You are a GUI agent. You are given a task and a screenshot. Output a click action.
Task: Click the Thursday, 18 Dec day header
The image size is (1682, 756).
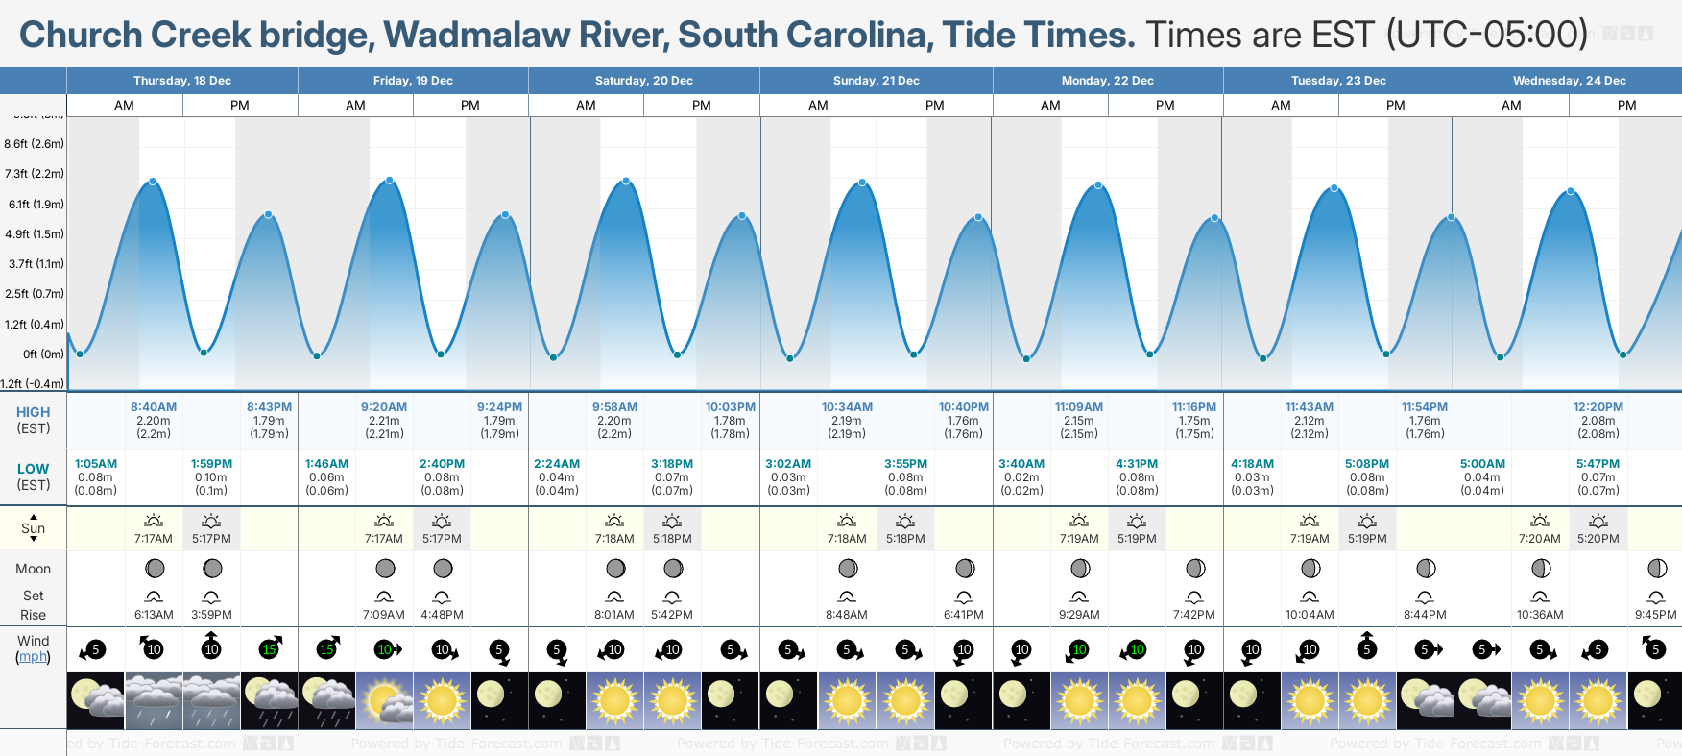(182, 81)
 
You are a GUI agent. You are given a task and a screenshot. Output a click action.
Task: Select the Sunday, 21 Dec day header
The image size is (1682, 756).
(876, 81)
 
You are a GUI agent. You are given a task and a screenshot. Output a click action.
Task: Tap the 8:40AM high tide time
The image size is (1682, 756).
(154, 407)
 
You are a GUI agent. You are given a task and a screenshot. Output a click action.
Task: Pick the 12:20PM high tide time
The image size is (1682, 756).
(1598, 407)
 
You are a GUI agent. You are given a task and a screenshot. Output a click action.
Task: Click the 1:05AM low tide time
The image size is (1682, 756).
(96, 464)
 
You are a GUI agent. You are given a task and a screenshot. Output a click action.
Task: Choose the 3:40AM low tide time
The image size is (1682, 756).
(1021, 464)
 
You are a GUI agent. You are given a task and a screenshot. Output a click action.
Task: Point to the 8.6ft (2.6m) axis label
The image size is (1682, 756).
(35, 144)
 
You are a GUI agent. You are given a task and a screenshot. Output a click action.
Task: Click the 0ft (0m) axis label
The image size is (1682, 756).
(44, 354)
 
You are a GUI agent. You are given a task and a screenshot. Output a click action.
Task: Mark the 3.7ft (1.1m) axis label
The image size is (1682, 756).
(36, 264)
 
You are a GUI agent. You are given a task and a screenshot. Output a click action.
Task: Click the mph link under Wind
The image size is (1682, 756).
(33, 657)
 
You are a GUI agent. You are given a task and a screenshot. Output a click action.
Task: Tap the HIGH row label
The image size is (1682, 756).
(33, 412)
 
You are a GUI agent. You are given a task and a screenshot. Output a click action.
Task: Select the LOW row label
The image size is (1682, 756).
(33, 470)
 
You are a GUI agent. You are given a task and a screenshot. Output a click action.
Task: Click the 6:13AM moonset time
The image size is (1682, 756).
(154, 615)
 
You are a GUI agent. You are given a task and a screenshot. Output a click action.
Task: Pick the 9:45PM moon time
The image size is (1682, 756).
(1655, 615)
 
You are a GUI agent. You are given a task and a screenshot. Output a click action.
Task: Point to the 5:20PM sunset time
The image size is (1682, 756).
(1598, 539)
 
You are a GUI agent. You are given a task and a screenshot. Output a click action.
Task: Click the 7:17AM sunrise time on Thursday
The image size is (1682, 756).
(154, 539)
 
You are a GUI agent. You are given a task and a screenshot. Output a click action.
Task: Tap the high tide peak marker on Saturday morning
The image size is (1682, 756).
(626, 181)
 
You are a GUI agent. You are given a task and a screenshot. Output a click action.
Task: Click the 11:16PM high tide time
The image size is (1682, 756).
(1193, 407)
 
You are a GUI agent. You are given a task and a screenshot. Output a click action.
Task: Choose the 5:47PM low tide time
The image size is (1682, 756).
(1598, 464)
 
